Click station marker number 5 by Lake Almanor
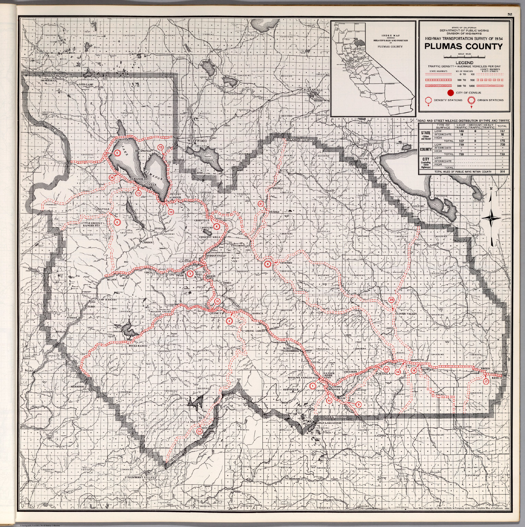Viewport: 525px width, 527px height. tap(117, 153)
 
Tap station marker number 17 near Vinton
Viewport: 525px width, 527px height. tap(486, 382)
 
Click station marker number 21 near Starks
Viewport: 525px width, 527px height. tap(261, 204)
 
